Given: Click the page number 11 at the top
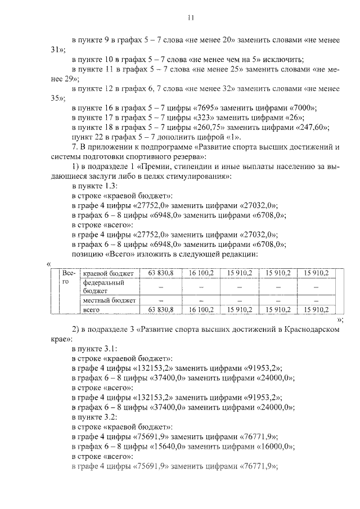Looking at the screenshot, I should pyautogui.click(x=191, y=19).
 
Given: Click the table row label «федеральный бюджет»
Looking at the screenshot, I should pyautogui.click(x=102, y=286).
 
